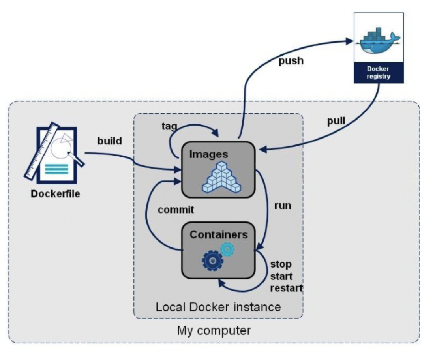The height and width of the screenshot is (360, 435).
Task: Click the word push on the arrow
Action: [291, 61]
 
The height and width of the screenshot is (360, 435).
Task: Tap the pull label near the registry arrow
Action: [336, 121]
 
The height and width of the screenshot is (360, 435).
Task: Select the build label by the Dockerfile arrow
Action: [110, 141]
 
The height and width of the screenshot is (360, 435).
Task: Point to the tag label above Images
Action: [169, 126]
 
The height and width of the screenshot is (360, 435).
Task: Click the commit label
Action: [176, 210]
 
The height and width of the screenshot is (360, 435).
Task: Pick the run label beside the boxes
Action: [282, 205]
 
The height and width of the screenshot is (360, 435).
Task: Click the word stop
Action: [281, 264]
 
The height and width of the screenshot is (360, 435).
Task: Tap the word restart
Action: [286, 288]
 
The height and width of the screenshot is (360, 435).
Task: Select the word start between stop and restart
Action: [281, 276]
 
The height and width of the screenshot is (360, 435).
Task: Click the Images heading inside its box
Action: [209, 154]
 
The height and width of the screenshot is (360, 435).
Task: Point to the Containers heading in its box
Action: [219, 234]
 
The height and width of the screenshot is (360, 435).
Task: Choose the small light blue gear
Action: [227, 249]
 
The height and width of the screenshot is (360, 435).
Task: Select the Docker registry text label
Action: [378, 72]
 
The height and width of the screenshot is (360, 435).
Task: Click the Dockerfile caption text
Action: [55, 194]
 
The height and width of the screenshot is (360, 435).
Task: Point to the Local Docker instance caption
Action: [218, 307]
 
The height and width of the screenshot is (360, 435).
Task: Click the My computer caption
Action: [214, 330]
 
